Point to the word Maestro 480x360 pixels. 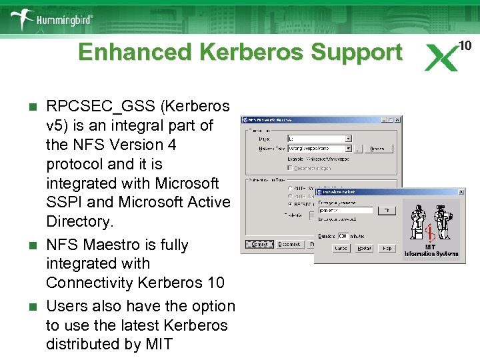click(113, 245)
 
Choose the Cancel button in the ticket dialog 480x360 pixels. click(341, 248)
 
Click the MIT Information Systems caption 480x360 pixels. click(431, 250)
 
